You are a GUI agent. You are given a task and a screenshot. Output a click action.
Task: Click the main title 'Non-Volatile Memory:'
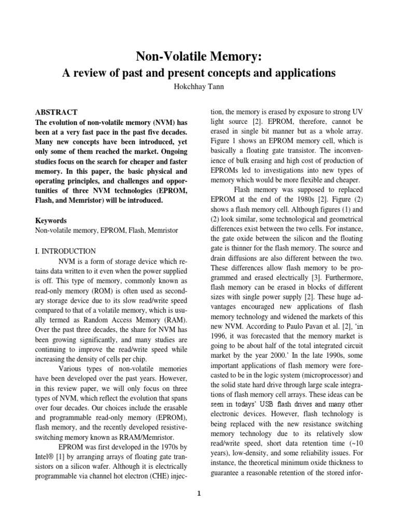click(x=199, y=57)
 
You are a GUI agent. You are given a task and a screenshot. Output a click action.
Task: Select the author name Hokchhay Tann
click(x=199, y=86)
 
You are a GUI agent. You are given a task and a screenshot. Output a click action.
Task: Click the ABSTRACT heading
click(x=56, y=112)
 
